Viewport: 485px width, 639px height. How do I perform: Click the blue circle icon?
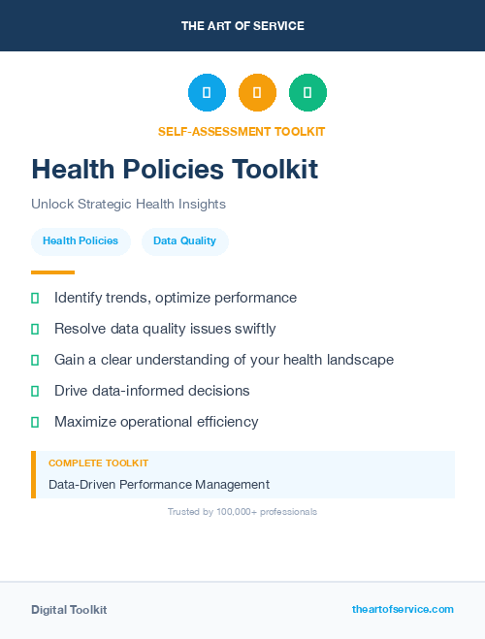207,93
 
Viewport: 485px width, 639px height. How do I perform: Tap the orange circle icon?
257,93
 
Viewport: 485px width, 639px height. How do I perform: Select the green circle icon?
307,93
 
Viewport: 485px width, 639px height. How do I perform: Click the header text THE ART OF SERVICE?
242,26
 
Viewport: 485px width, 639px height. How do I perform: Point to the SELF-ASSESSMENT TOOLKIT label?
242,131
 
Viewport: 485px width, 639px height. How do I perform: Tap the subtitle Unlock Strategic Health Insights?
128,205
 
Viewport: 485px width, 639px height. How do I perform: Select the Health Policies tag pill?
81,240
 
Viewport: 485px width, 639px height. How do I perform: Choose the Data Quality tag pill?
184,240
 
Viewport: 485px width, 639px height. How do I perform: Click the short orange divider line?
52,272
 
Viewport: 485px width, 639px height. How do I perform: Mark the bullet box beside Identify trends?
35,298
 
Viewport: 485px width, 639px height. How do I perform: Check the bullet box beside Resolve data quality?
35,329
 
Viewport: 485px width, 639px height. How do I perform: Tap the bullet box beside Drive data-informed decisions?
35,391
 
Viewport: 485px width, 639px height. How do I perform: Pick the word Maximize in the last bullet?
84,422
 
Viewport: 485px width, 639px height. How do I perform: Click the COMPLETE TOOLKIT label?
98,463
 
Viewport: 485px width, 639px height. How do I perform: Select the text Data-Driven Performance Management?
159,484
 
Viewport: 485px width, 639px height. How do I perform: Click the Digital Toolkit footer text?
69,610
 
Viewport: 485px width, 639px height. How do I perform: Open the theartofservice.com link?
403,609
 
